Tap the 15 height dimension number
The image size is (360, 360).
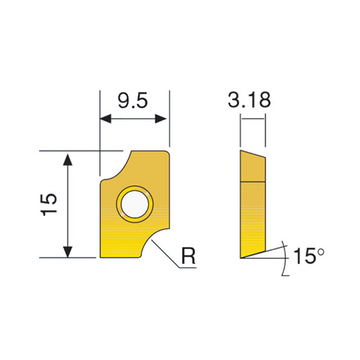coord(48,204)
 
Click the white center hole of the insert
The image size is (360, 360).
coord(135,203)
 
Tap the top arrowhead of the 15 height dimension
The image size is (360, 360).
coord(68,158)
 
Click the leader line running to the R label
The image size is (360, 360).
coord(167,251)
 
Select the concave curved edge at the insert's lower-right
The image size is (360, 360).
coord(155,240)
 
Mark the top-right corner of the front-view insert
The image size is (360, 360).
coord(169,150)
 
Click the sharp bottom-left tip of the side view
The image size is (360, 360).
coord(241,256)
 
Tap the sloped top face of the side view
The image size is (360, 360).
coord(253,155)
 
